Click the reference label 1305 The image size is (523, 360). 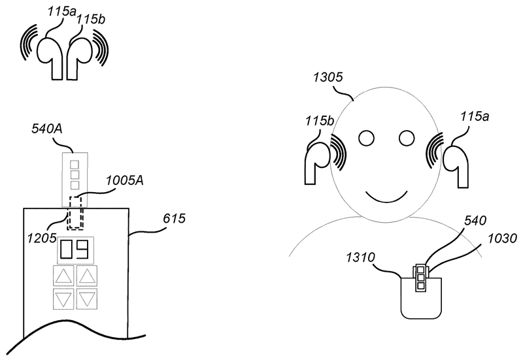[x=328, y=77]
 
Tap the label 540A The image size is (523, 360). [x=47, y=129]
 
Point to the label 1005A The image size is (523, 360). [x=125, y=181]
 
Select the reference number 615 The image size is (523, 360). [x=174, y=219]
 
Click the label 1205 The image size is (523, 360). [x=42, y=238]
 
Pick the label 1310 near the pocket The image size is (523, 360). [x=360, y=257]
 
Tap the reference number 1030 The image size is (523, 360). [x=502, y=238]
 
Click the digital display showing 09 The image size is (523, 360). [x=76, y=250]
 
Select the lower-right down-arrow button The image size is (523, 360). [x=87, y=299]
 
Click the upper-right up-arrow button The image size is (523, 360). [x=87, y=276]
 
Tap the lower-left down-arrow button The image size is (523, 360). [x=63, y=299]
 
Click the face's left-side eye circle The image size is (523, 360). [x=367, y=138]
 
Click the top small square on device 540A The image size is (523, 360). [x=75, y=165]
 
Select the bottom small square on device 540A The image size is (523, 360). [x=75, y=185]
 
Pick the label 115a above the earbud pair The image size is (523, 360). [x=61, y=12]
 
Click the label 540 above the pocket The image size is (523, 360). [x=475, y=220]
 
